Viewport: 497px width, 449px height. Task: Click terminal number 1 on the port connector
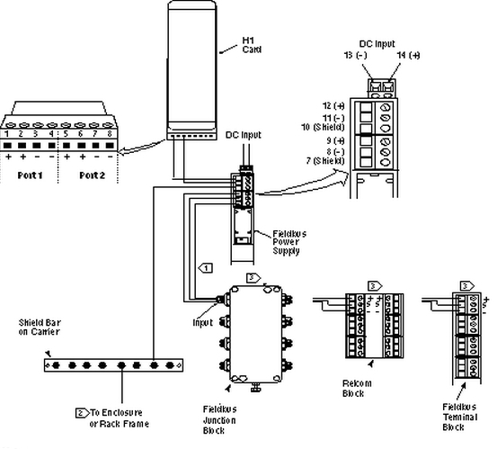click(15, 131)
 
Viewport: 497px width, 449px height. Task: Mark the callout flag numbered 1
click(205, 267)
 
